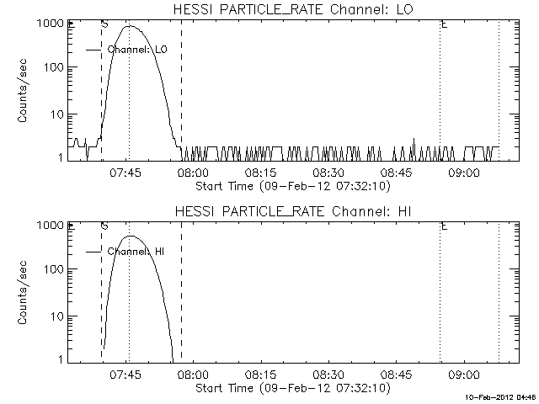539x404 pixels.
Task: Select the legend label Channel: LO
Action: [x=138, y=50]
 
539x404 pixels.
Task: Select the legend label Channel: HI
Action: [x=136, y=252]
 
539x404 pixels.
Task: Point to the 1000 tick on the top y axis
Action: [x=53, y=24]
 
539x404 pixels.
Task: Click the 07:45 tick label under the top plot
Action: [x=128, y=173]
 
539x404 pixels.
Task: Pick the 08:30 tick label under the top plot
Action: [x=328, y=173]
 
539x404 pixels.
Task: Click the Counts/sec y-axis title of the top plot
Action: [x=24, y=90]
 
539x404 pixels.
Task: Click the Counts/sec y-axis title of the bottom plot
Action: [x=24, y=292]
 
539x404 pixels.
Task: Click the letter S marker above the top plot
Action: [x=104, y=24]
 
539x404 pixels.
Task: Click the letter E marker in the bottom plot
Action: [x=443, y=226]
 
